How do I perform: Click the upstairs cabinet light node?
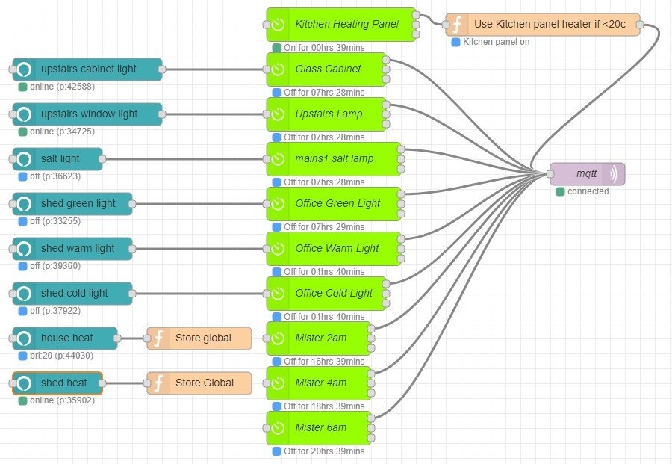pyautogui.click(x=87, y=69)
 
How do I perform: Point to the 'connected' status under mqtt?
pyautogui.click(x=588, y=191)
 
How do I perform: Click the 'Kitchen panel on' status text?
pyautogui.click(x=496, y=42)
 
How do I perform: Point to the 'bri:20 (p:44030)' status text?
pyautogui.click(x=61, y=356)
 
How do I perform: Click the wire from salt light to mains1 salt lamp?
pyautogui.click(x=187, y=158)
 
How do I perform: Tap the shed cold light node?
pyautogui.click(x=72, y=293)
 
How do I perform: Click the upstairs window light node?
pyautogui.click(x=87, y=114)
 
